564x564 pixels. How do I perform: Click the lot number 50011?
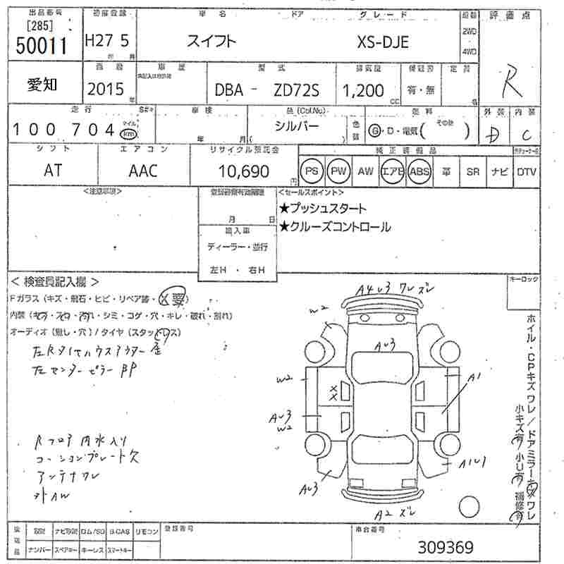point(40,46)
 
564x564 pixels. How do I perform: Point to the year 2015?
point(105,89)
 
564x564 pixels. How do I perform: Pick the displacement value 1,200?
point(363,90)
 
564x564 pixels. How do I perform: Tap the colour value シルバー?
point(298,125)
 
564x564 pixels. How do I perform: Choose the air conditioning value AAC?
point(143,171)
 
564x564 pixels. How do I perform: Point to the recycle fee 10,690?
point(244,171)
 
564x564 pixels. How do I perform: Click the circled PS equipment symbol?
point(311,171)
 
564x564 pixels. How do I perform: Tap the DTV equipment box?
point(526,171)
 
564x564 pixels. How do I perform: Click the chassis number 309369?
point(446,547)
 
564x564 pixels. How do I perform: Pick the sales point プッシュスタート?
point(322,209)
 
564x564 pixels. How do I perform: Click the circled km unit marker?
point(128,134)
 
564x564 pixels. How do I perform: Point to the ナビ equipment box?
point(501,171)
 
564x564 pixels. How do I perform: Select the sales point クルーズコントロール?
point(334,227)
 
